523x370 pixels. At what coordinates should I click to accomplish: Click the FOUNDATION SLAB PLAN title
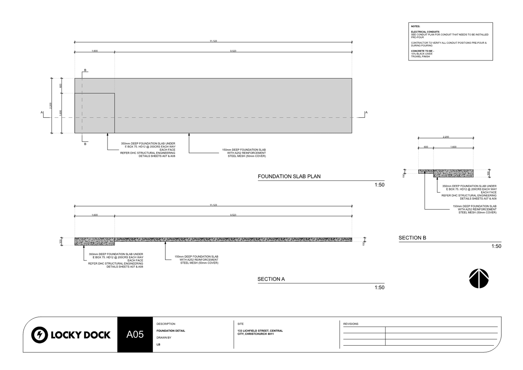point(289,176)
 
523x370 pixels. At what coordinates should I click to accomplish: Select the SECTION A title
point(271,279)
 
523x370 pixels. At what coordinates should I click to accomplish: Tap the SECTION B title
point(412,238)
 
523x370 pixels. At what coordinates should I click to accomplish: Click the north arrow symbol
point(478,279)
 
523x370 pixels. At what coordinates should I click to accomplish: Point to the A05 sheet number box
point(135,334)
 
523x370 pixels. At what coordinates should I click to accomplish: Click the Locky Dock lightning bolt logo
point(39,334)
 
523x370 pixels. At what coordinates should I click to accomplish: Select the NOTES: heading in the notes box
point(415,27)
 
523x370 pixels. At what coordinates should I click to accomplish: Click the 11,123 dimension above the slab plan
point(213,41)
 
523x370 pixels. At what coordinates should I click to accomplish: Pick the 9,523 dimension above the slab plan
point(233,51)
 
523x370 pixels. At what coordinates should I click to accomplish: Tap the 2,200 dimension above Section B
point(446,137)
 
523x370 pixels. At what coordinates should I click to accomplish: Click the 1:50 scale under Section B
point(496,246)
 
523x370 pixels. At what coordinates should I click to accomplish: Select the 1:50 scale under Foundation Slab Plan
point(379,185)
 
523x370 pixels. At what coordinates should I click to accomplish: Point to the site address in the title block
point(260,332)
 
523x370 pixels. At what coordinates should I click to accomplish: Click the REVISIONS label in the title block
point(351,324)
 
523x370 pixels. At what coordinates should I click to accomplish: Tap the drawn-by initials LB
point(158,345)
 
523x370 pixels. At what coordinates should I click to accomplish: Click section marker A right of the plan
point(366,112)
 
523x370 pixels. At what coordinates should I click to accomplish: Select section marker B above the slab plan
point(85,70)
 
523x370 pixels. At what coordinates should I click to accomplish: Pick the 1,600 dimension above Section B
point(453,147)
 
